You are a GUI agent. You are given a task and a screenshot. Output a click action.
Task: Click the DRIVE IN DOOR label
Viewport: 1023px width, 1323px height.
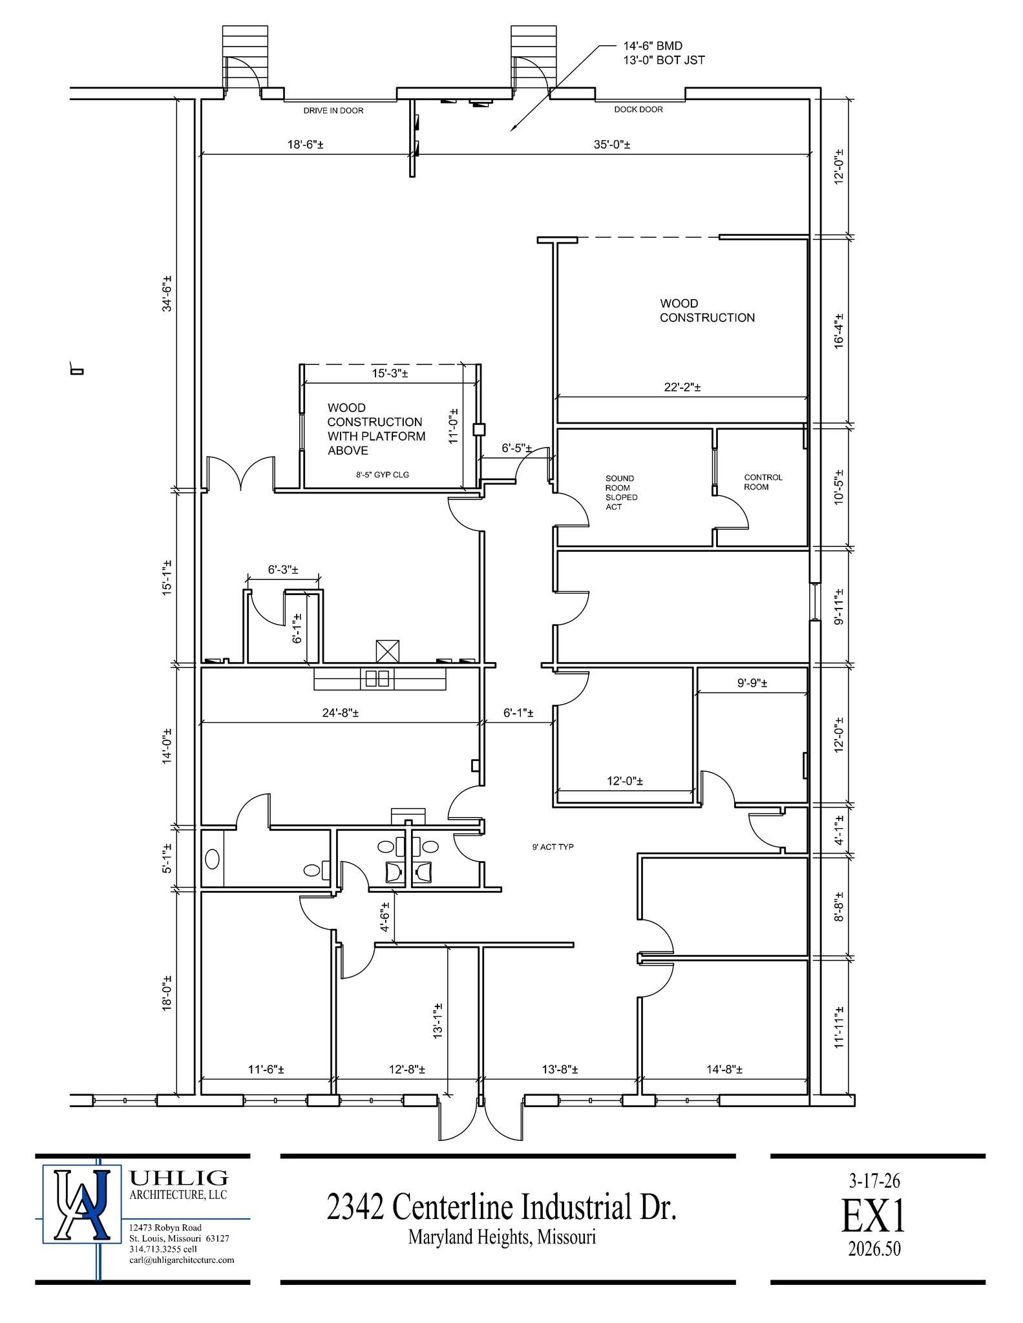coord(333,110)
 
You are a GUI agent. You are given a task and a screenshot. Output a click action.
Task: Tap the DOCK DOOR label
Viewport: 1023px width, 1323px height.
coord(638,109)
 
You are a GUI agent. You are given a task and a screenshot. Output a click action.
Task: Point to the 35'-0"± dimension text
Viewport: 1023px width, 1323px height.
coord(612,145)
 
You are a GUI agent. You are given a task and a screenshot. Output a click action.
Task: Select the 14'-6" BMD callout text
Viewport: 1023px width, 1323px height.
coord(653,46)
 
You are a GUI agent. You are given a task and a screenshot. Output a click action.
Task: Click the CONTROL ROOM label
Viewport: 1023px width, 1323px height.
coord(763,482)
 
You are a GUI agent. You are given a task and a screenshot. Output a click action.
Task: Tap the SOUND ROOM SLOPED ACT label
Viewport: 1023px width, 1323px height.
coord(621,493)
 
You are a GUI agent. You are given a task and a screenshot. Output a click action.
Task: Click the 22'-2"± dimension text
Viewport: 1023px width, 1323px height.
coord(682,388)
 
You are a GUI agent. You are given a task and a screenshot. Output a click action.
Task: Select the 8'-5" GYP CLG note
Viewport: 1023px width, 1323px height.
coord(383,475)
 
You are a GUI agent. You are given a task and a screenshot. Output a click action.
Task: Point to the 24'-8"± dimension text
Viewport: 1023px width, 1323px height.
coord(341,713)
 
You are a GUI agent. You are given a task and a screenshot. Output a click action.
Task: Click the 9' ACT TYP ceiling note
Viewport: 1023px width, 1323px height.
coord(553,847)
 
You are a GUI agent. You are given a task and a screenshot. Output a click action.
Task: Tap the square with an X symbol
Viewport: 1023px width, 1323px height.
coord(388,651)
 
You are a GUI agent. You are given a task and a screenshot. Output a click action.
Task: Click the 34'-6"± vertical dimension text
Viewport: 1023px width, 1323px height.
coord(167,294)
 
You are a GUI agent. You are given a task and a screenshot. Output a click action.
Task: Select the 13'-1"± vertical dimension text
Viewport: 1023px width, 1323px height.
coord(438,1021)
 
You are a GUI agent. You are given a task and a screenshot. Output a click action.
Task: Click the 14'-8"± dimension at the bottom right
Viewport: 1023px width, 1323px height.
coord(724,1069)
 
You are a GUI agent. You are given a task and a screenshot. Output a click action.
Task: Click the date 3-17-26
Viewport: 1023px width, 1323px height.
coord(874,1181)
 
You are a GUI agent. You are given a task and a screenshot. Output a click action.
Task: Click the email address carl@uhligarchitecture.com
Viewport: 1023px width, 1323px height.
coord(182,1260)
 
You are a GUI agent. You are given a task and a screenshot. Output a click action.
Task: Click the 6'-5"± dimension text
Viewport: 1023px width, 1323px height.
coord(517,448)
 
